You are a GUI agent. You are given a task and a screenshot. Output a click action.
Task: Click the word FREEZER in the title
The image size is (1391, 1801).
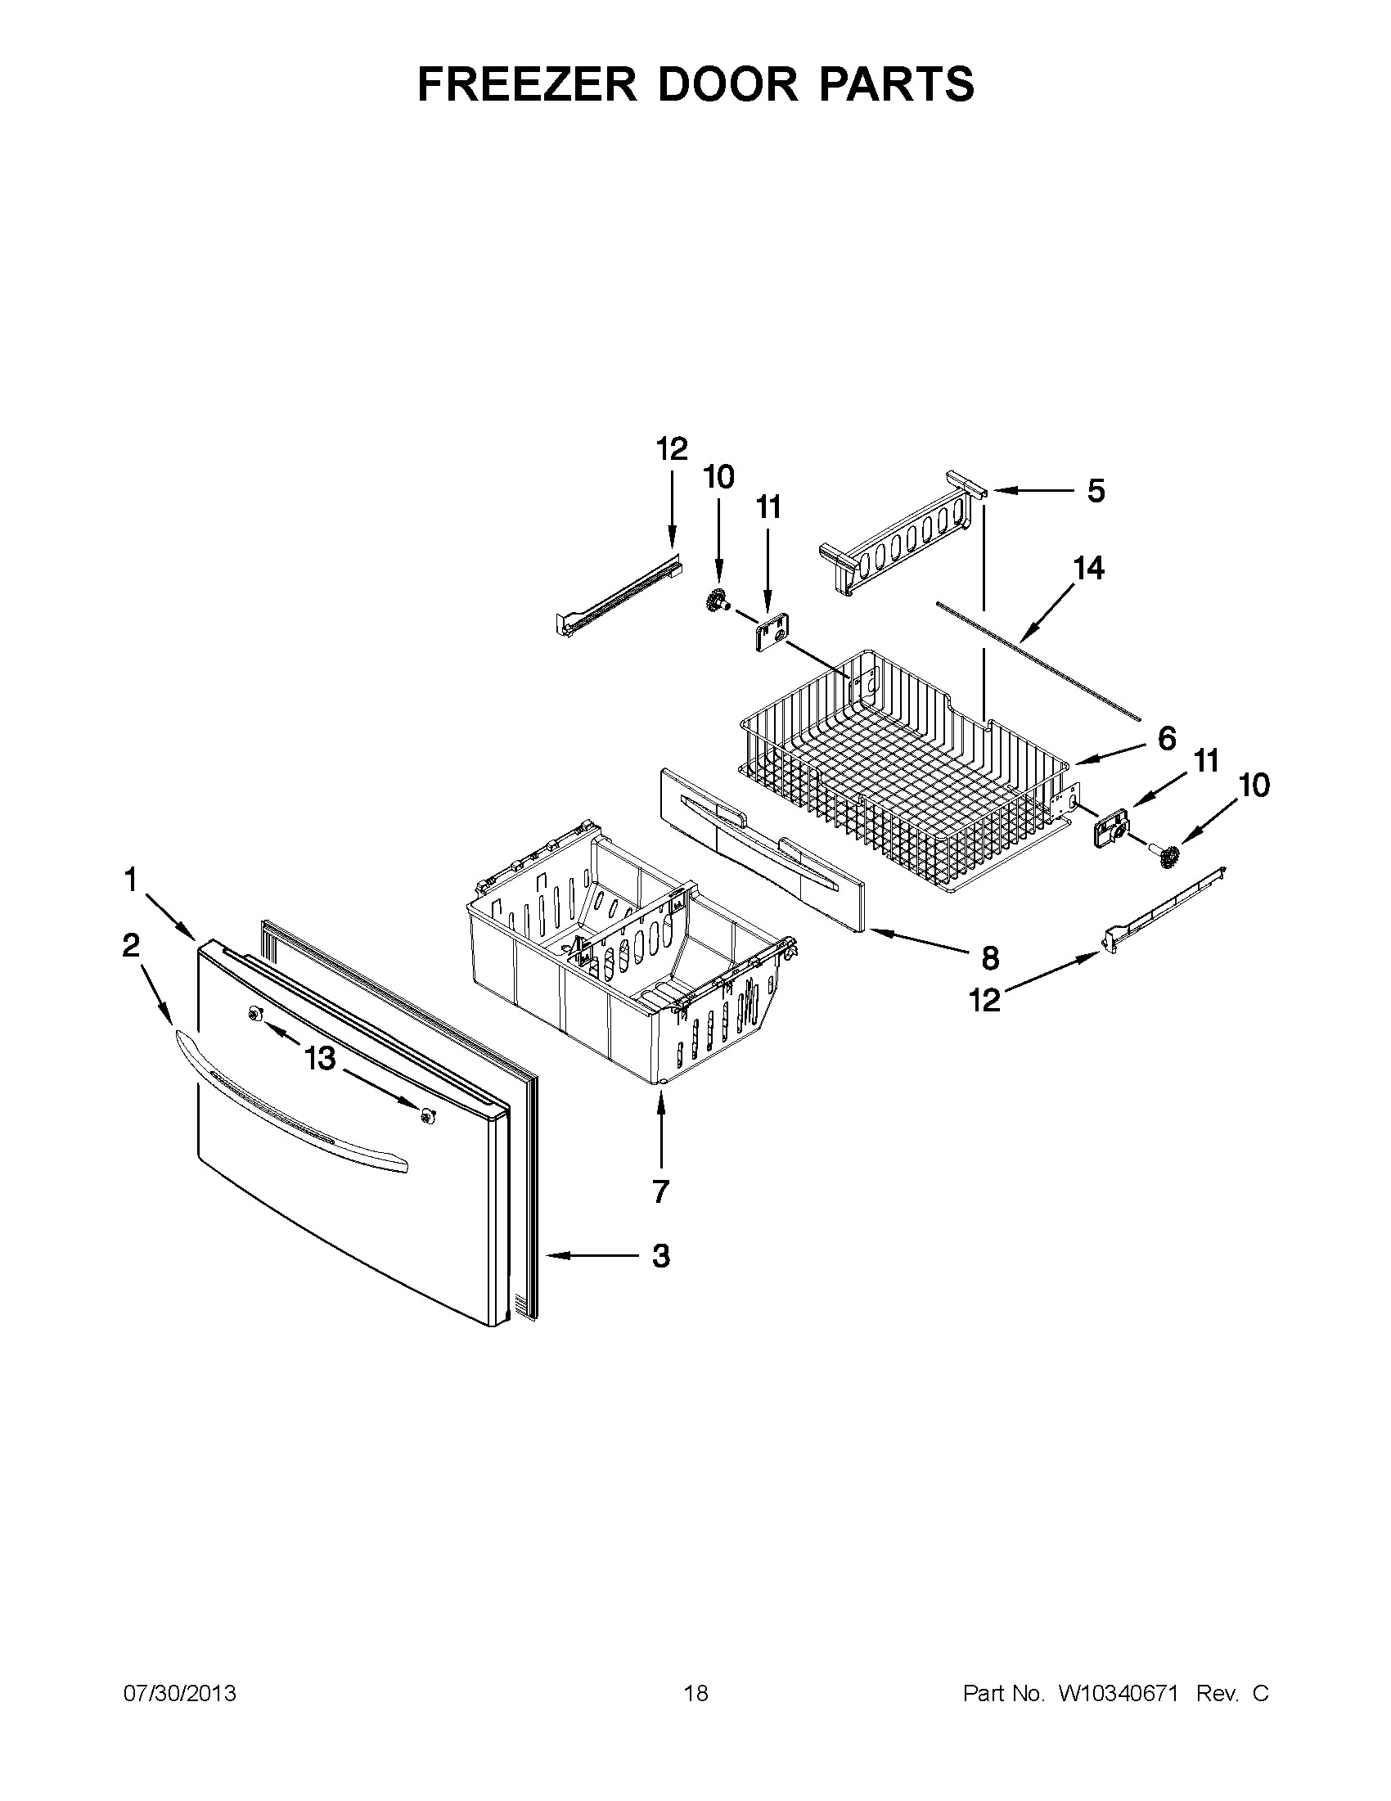pyautogui.click(x=528, y=84)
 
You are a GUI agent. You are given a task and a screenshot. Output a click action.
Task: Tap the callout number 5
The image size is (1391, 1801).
pyautogui.click(x=1095, y=492)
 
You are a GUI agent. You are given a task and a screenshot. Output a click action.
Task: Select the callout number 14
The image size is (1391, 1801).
pyautogui.click(x=1088, y=569)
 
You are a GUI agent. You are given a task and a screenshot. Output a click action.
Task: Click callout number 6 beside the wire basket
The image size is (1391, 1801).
pyautogui.click(x=1166, y=739)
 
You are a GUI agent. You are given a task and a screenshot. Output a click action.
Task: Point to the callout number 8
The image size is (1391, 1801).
pyautogui.click(x=990, y=958)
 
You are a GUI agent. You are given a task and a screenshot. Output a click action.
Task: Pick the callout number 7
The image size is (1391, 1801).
pyautogui.click(x=660, y=1191)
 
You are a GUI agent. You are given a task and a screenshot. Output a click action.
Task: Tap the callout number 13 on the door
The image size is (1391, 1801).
pyautogui.click(x=320, y=1058)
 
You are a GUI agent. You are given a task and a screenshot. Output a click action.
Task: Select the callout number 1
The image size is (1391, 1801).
pyautogui.click(x=130, y=880)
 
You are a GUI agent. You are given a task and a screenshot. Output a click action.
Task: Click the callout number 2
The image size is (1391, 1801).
pyautogui.click(x=130, y=946)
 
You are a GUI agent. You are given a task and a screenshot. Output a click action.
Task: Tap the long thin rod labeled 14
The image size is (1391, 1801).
pyautogui.click(x=1039, y=660)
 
